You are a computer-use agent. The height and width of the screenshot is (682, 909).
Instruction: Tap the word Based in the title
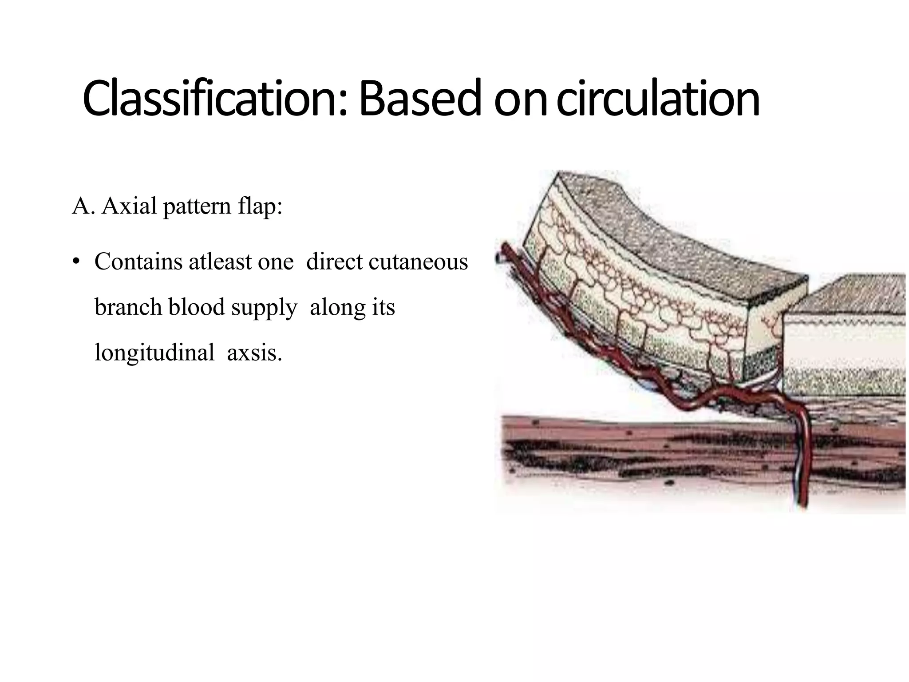[420, 99]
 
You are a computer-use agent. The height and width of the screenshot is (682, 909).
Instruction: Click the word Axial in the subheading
[129, 206]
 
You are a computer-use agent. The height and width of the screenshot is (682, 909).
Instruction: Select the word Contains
[139, 262]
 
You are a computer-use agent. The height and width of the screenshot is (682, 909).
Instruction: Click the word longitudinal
[154, 353]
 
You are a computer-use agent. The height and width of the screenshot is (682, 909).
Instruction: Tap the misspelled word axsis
[254, 353]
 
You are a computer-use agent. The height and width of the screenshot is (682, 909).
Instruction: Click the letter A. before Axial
[83, 206]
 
